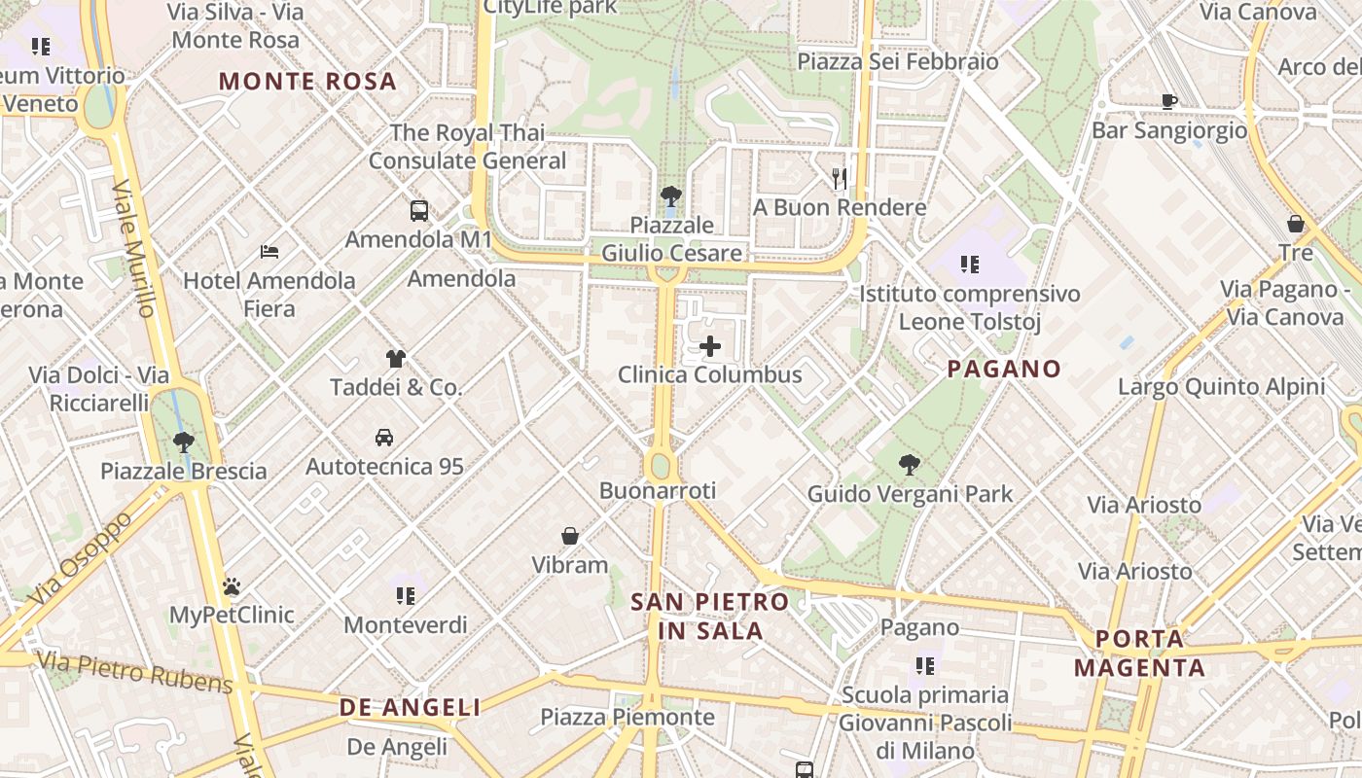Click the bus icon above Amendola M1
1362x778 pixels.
pos(419,210)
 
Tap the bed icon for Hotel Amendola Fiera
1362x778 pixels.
pos(269,253)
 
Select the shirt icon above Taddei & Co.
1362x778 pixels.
pos(395,359)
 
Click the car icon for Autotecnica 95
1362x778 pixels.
pos(384,438)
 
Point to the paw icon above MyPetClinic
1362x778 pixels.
pos(232,586)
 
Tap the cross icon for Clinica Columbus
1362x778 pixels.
pos(710,346)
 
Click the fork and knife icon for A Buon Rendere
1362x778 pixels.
pos(840,179)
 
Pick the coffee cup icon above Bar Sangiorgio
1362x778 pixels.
pos(1169,101)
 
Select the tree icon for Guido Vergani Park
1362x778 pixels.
pos(910,465)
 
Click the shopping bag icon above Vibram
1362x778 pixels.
pos(570,536)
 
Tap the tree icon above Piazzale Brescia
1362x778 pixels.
pos(183,442)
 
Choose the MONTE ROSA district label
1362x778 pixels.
pos(307,81)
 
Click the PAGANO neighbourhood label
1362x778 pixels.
pos(1004,369)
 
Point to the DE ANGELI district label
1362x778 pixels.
pos(410,708)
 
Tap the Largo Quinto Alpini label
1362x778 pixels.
pos(1221,387)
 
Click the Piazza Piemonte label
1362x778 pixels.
pos(627,718)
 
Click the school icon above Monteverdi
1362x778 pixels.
pos(406,595)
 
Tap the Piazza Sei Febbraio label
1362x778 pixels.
pos(898,62)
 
